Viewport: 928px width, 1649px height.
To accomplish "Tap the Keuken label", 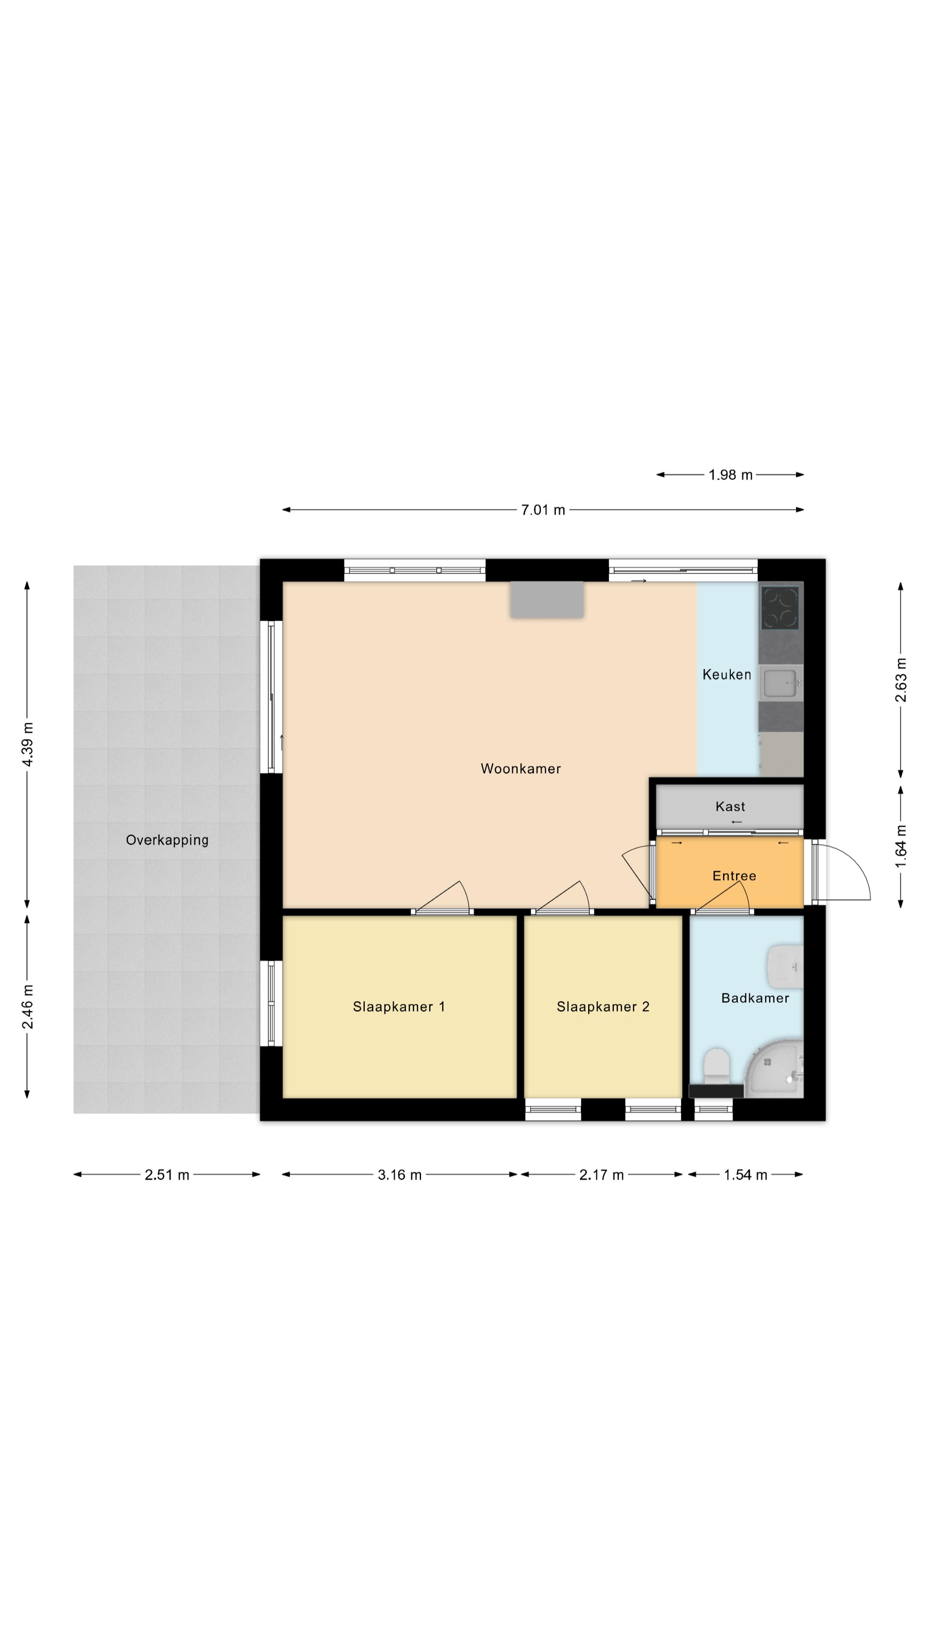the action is [x=726, y=674].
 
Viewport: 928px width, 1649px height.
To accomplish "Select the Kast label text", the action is [x=730, y=806].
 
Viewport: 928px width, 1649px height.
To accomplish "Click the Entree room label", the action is [x=734, y=876].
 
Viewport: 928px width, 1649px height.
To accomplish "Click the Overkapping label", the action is [x=167, y=840].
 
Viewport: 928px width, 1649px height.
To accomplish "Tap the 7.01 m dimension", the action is [x=543, y=510].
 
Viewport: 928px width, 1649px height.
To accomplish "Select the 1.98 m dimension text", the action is [x=730, y=475].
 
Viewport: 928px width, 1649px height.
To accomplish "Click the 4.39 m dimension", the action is [x=27, y=744].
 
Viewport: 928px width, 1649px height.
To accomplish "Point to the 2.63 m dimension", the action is [x=901, y=680].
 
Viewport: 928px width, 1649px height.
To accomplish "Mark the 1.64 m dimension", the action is [x=901, y=846].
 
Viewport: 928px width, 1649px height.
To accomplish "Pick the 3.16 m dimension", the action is [x=400, y=1174].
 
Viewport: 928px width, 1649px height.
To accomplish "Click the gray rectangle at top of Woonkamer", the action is [x=547, y=600].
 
